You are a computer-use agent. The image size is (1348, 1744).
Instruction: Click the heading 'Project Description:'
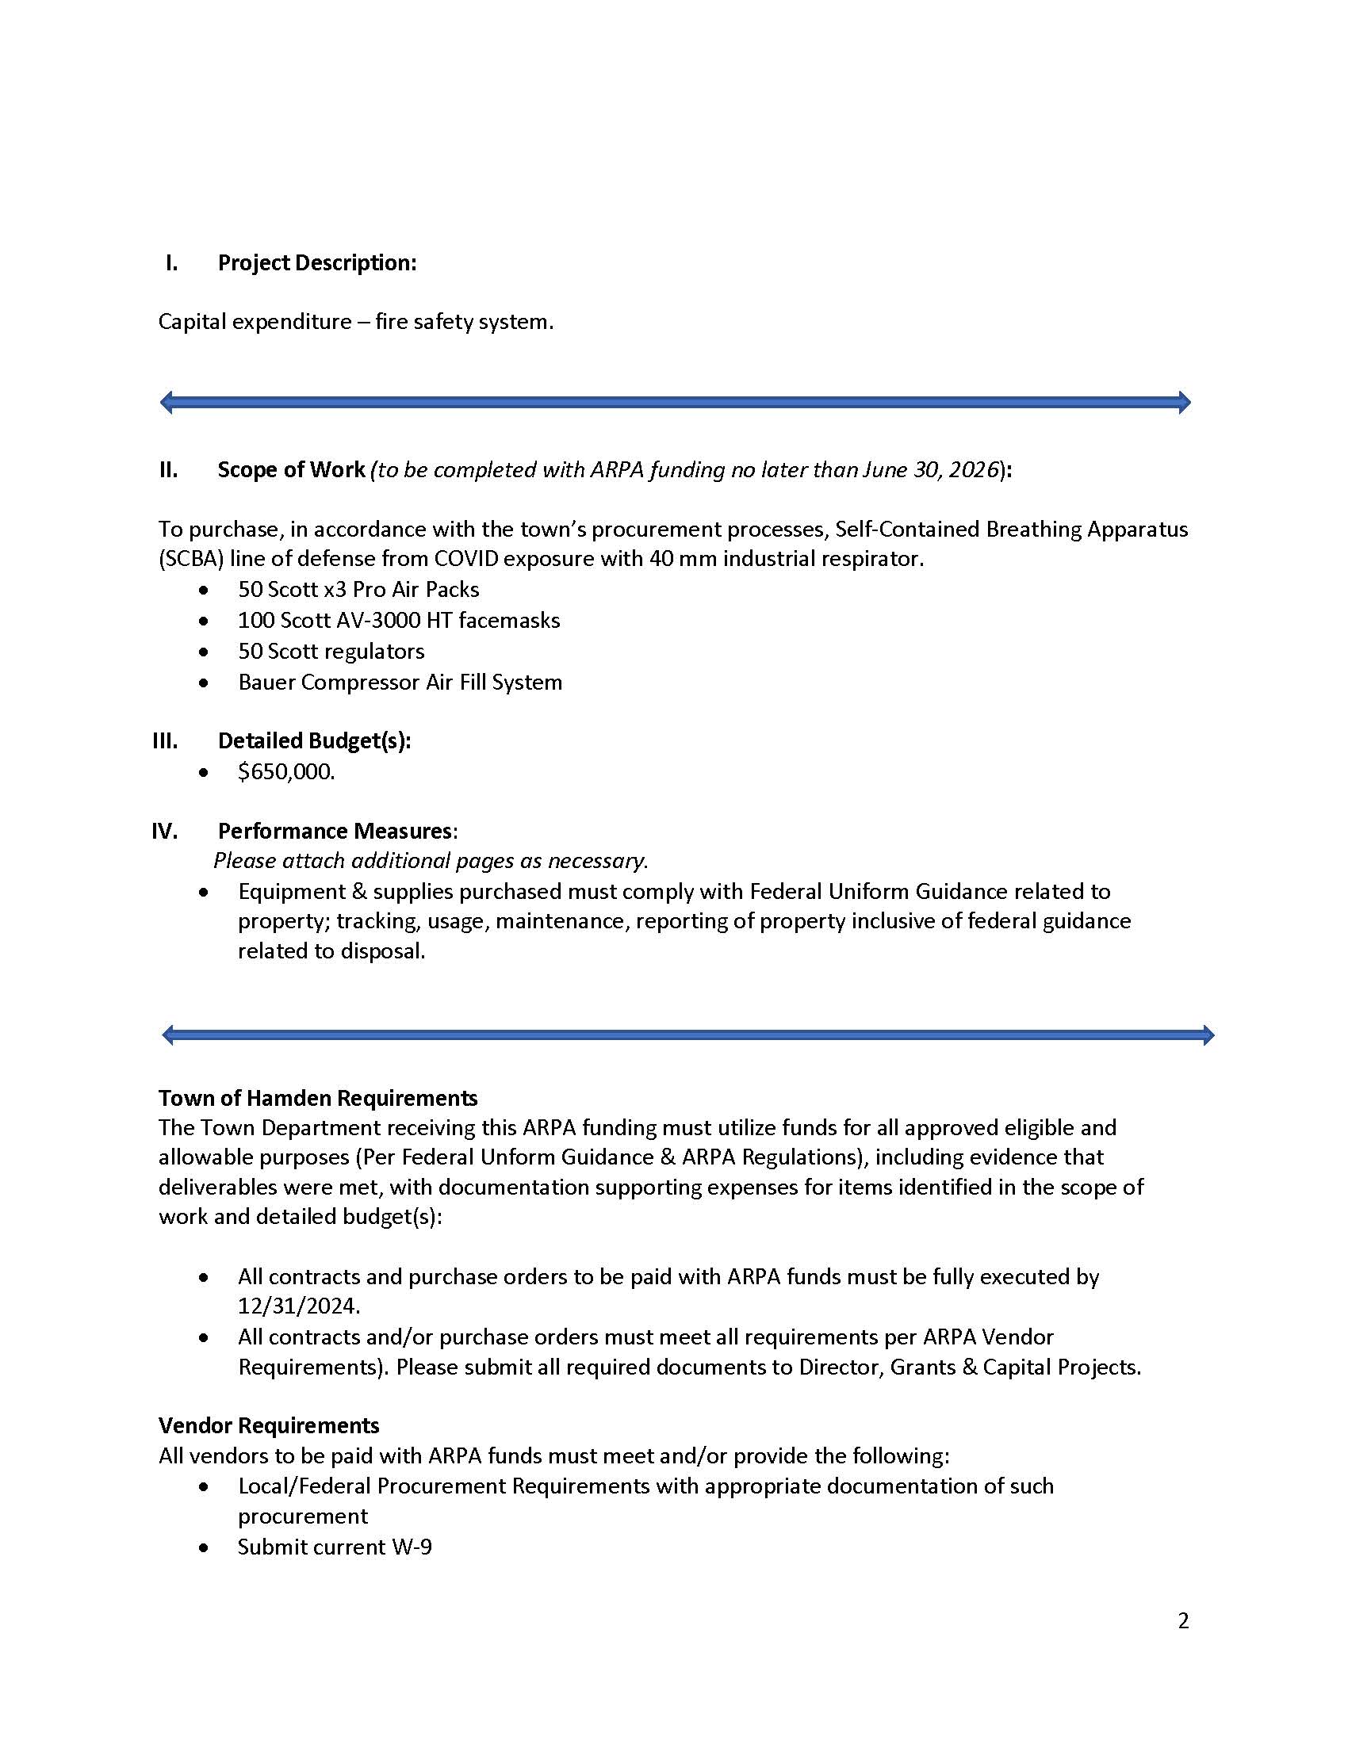317,262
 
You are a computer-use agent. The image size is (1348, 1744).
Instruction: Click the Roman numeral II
167,469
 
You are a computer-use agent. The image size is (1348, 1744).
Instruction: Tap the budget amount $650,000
286,772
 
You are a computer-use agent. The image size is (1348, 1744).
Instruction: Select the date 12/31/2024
299,1306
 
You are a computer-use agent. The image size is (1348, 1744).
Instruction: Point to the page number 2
1183,1621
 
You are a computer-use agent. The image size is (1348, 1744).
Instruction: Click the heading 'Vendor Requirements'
268,1425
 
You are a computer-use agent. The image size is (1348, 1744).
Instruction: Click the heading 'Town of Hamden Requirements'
318,1098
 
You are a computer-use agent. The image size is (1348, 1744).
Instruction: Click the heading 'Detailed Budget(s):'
315,741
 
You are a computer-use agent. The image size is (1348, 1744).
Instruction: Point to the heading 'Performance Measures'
335,832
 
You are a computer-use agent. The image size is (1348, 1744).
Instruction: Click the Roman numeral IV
164,832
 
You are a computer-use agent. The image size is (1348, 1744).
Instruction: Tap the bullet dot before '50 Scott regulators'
205,652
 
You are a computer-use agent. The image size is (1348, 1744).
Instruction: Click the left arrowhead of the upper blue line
166,402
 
